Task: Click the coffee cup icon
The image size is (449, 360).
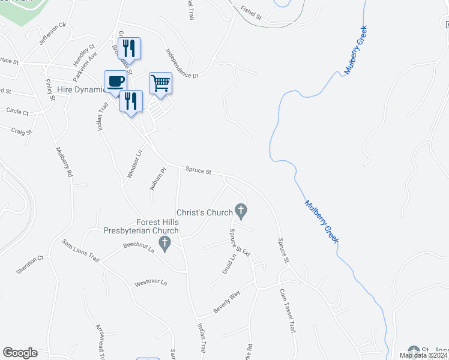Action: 115,81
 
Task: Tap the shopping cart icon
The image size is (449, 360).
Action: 160,83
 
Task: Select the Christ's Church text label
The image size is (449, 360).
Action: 204,212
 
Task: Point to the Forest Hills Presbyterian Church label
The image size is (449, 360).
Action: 142,226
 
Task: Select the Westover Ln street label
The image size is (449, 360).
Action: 151,283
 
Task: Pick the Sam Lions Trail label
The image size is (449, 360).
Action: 80,250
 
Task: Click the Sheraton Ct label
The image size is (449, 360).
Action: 30,265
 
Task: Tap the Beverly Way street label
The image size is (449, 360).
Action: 227,304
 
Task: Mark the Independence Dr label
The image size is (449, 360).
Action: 182,64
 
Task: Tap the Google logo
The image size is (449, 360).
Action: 20,353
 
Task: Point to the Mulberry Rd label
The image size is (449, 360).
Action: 64,162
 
